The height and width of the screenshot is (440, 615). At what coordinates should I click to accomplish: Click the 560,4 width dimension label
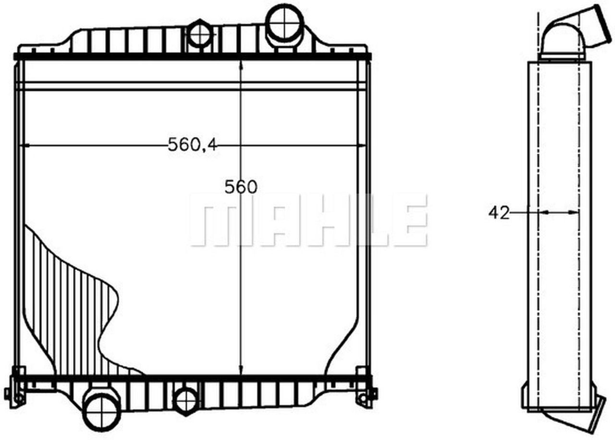pos(192,145)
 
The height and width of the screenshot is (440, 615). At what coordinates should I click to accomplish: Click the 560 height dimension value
pos(241,187)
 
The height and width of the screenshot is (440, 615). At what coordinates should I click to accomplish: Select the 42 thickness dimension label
pos(498,212)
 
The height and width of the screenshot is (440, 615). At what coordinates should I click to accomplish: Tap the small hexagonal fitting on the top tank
pos(199,34)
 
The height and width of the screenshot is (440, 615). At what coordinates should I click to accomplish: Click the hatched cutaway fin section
pos(72,307)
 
